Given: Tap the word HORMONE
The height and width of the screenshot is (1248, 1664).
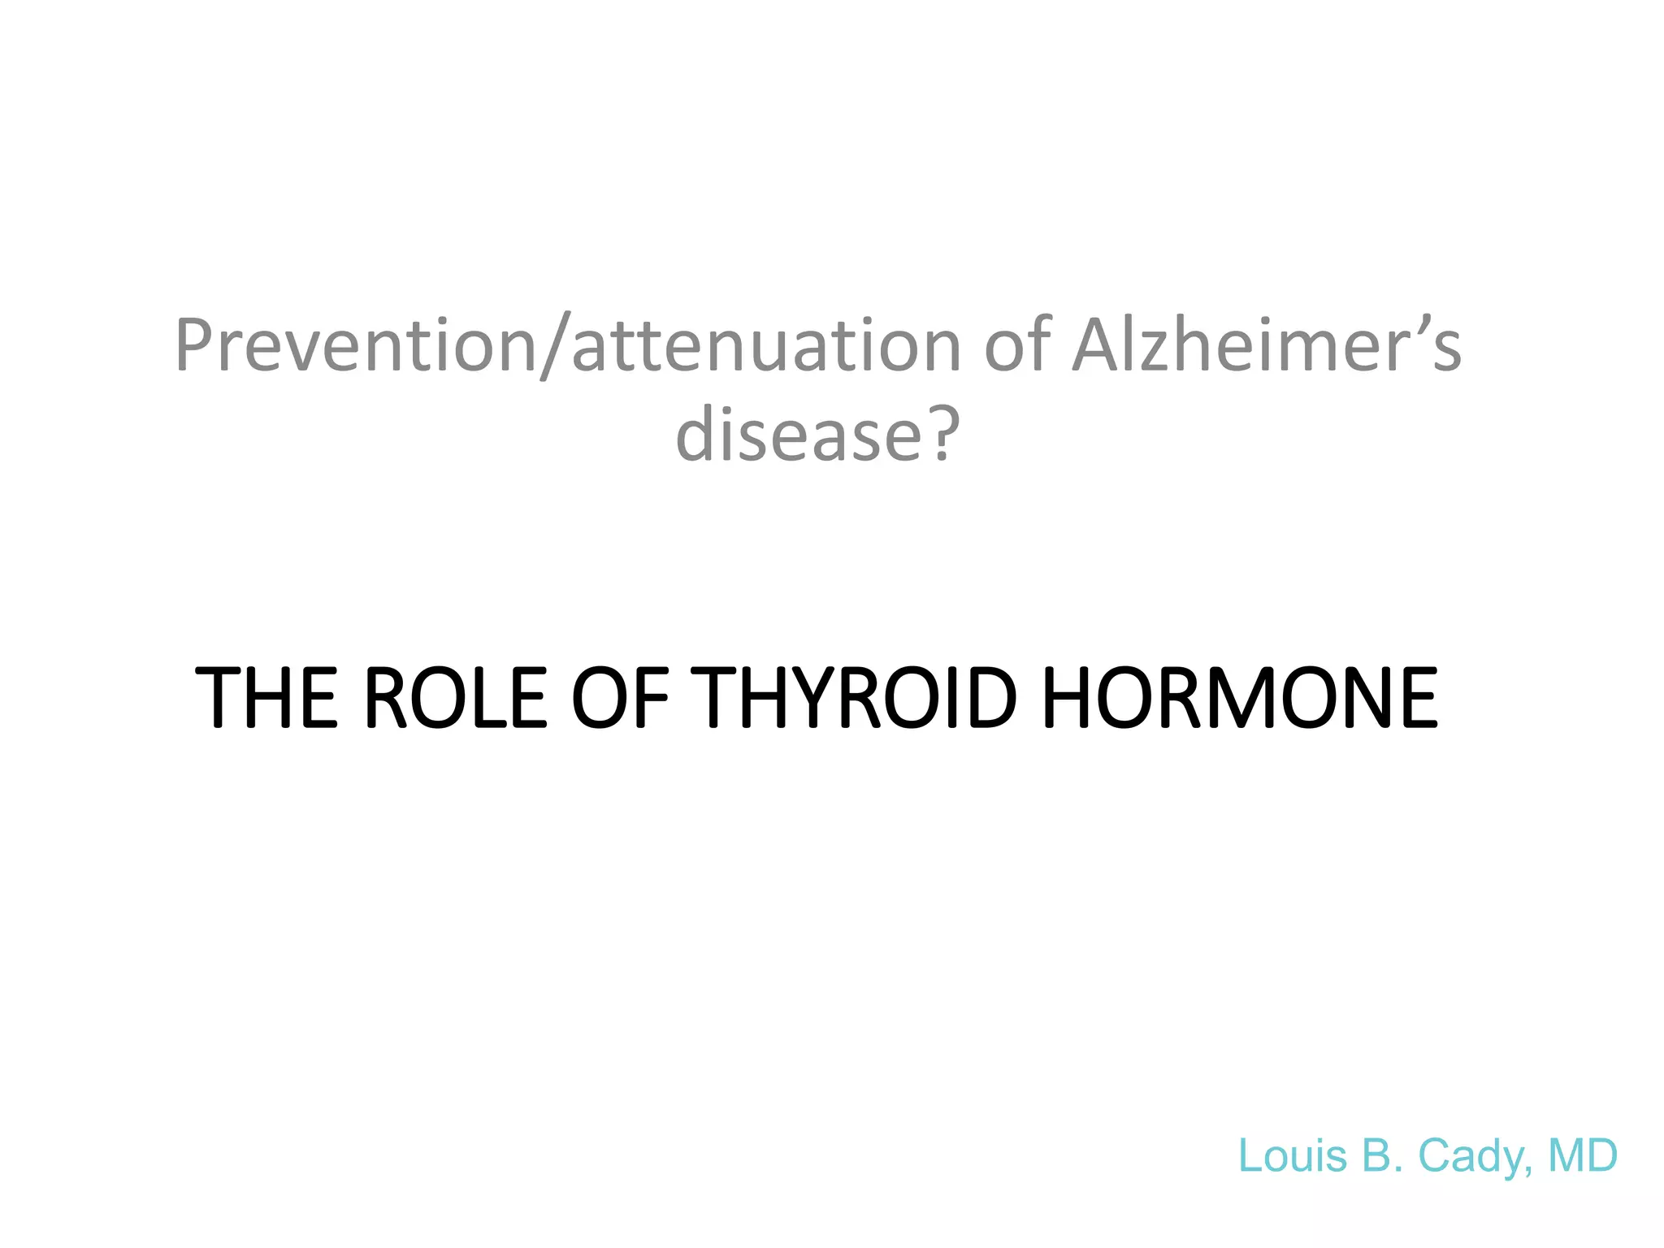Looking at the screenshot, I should (1239, 697).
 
